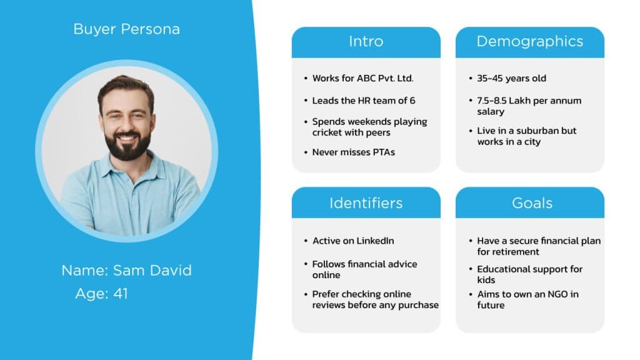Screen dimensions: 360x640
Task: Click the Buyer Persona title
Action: click(x=126, y=29)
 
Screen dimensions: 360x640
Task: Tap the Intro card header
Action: click(x=366, y=42)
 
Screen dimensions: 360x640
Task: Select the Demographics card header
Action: click(x=529, y=42)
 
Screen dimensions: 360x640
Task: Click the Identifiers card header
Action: click(x=366, y=203)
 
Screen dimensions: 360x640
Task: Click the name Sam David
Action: click(x=152, y=271)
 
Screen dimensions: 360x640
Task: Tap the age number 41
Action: click(x=121, y=293)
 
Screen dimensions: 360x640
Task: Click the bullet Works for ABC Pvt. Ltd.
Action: click(x=363, y=79)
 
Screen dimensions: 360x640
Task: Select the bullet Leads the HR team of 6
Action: click(x=364, y=101)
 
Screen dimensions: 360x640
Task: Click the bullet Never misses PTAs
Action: click(x=353, y=152)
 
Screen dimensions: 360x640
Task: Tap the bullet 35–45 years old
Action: click(x=511, y=79)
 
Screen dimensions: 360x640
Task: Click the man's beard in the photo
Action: click(x=127, y=145)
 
